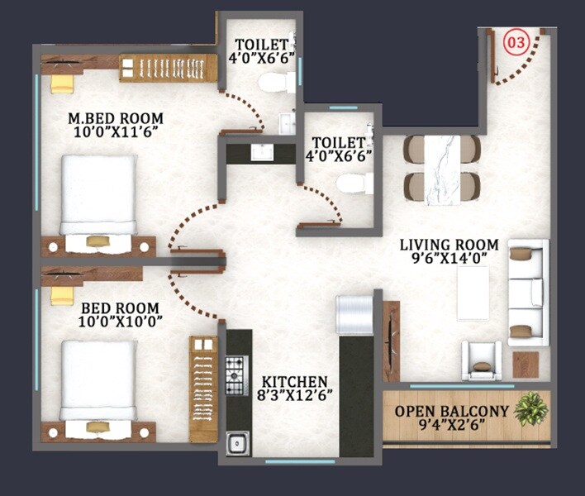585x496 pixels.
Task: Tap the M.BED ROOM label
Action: [115, 117]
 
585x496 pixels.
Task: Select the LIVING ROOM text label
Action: [449, 245]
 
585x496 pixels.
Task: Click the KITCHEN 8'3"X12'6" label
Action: [295, 389]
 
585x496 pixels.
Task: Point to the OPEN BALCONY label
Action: [449, 411]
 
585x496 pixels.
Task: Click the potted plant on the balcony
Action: [530, 409]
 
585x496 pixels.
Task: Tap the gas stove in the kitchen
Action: [237, 374]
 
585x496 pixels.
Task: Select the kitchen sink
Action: [237, 443]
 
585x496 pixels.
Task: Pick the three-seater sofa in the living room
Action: [528, 292]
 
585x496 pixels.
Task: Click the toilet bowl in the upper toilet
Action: [272, 82]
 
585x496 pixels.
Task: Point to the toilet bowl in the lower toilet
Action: [354, 182]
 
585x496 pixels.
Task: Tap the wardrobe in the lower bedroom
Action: [202, 388]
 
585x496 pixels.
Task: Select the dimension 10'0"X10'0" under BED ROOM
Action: [121, 320]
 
